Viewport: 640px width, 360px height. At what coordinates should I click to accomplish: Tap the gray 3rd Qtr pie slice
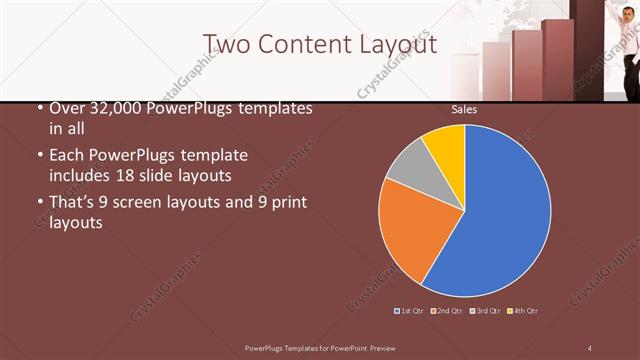click(408, 172)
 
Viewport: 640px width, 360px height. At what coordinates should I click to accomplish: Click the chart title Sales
click(464, 109)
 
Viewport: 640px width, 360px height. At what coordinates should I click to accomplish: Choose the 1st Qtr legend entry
click(410, 311)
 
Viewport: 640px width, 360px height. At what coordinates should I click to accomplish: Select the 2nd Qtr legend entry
click(446, 311)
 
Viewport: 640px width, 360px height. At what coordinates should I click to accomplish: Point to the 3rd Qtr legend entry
click(485, 311)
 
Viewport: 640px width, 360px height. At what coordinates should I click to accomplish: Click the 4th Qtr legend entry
click(524, 311)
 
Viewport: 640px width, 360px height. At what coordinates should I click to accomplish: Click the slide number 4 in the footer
click(590, 346)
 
